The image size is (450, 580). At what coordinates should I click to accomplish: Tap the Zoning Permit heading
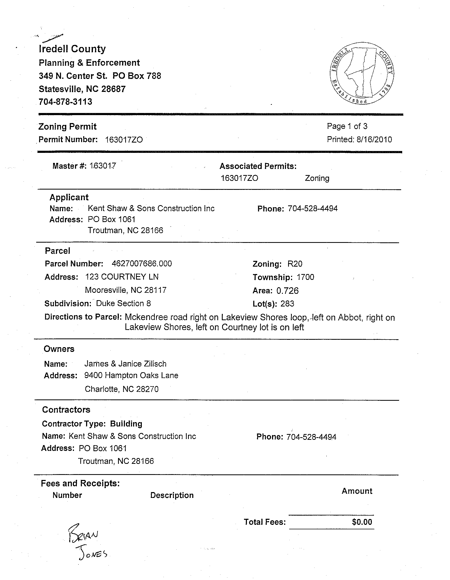[x=67, y=126]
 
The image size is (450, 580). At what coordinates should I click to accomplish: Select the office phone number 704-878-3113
[x=65, y=102]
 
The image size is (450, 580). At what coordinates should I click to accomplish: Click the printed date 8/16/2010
[x=374, y=139]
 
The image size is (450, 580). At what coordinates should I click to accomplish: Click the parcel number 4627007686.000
[x=142, y=263]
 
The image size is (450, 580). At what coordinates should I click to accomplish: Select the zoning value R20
[x=295, y=264]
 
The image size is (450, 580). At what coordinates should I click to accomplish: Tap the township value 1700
[x=305, y=277]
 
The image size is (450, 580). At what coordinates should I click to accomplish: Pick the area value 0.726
[x=287, y=291]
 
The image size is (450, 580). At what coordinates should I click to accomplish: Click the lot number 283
[x=287, y=304]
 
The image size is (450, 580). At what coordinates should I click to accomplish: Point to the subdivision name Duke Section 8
[x=124, y=303]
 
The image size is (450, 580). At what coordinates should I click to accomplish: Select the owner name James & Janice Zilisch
[x=125, y=364]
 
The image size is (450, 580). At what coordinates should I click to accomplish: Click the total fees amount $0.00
[x=362, y=522]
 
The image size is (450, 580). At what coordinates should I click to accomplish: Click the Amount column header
[x=357, y=491]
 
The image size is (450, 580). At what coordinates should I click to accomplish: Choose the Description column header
[x=172, y=495]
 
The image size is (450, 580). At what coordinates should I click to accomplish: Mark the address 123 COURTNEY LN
[x=122, y=277]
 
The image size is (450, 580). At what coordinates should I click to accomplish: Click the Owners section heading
[x=59, y=349]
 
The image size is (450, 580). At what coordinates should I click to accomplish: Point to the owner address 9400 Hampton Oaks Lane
[x=131, y=375]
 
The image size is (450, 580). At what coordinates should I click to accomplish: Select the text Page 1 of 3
[x=347, y=126]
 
